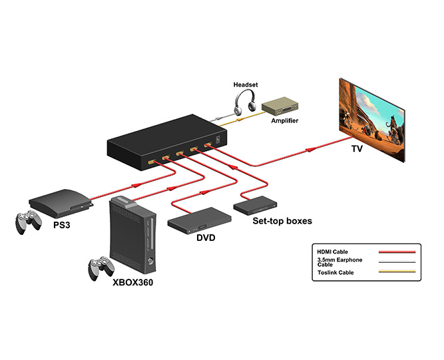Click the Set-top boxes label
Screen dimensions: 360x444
coord(282,220)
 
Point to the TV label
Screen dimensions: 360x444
coord(357,149)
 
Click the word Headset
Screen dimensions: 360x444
coord(245,85)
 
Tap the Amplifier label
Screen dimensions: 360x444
coord(285,120)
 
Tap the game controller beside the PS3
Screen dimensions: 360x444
coord(30,222)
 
